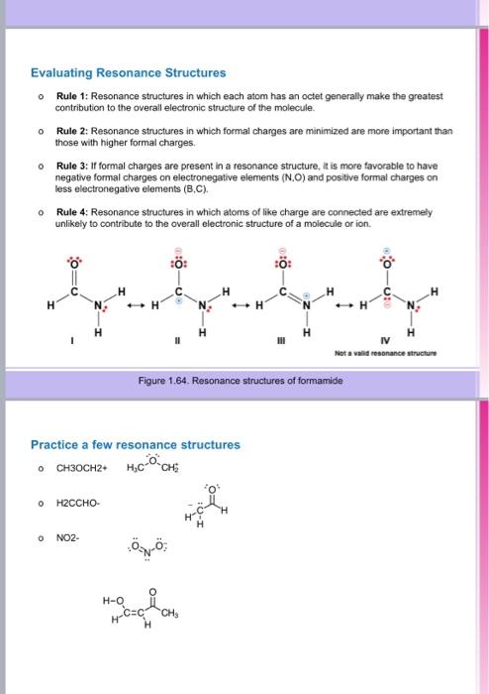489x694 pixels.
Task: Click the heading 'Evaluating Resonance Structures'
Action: point(129,72)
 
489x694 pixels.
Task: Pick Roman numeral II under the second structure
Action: point(175,340)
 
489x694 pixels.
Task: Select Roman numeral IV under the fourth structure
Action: point(386,340)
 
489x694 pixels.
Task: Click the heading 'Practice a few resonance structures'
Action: point(135,445)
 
